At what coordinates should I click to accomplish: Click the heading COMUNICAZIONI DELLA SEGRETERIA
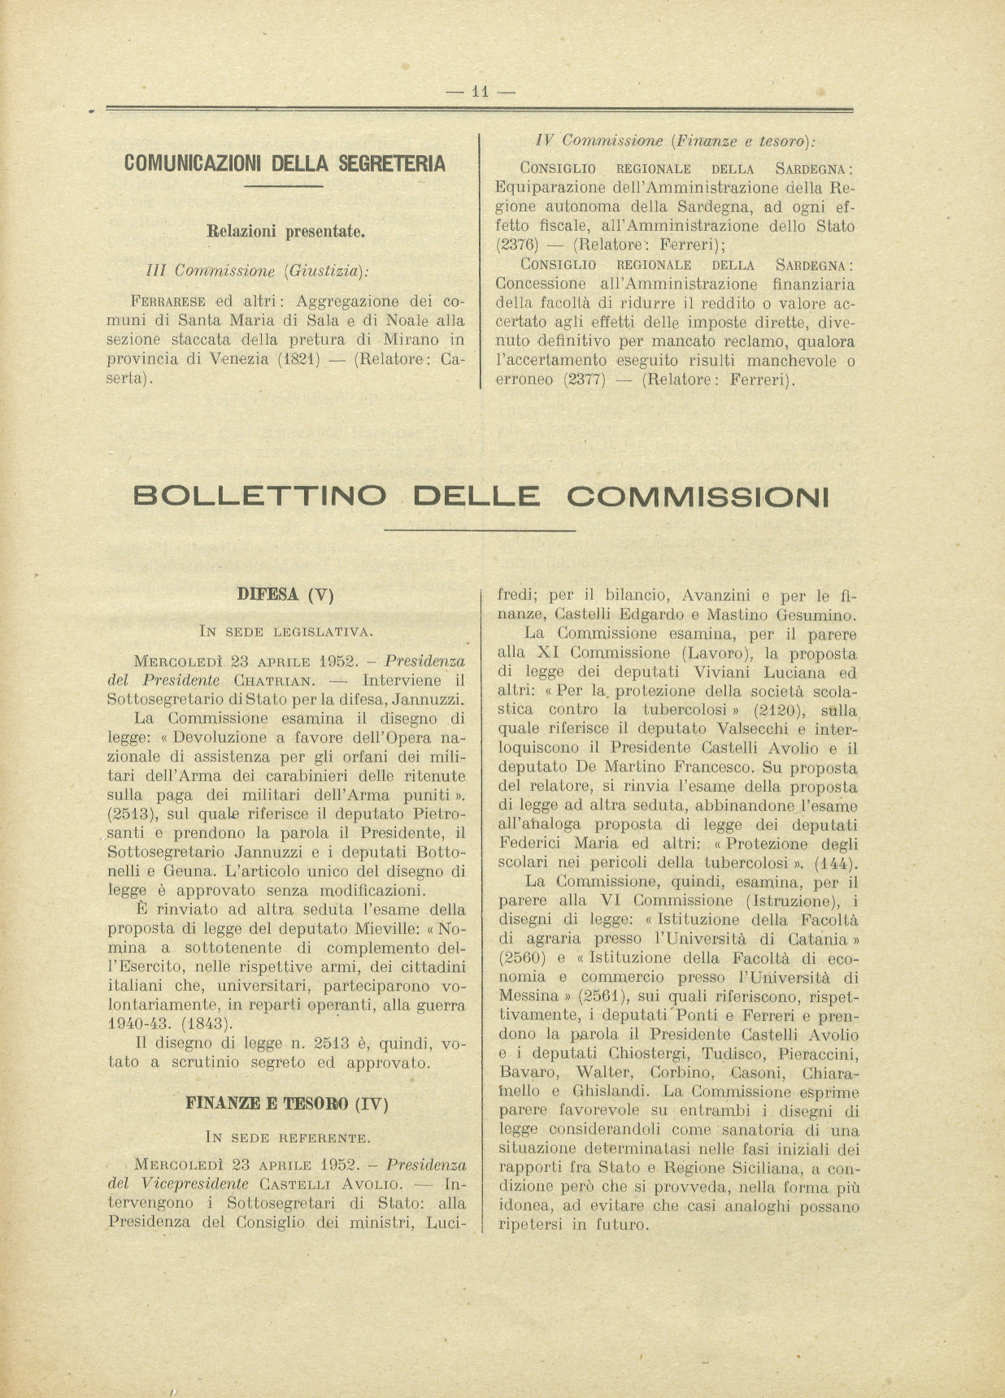(285, 163)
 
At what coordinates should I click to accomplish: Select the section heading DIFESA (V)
(285, 594)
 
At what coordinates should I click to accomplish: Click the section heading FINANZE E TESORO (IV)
(287, 1104)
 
